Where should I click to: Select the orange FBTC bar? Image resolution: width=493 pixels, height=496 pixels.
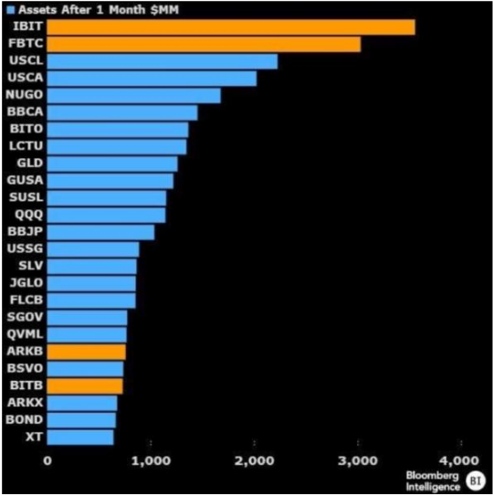click(x=203, y=44)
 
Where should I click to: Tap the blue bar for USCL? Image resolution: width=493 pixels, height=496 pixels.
click(x=162, y=61)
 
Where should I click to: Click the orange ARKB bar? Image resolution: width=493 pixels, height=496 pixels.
click(x=86, y=352)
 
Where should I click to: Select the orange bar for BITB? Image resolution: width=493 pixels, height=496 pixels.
click(x=84, y=385)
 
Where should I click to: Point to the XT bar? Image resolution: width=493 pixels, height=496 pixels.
click(x=79, y=437)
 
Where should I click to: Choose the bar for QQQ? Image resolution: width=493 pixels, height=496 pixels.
click(x=106, y=215)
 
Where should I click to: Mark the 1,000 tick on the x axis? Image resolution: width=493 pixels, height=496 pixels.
click(x=150, y=460)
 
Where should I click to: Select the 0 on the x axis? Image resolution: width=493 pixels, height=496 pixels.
click(x=47, y=460)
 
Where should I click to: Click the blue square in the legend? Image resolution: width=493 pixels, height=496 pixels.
click(x=10, y=9)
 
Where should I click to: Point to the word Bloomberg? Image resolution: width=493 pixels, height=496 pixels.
click(x=431, y=474)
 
